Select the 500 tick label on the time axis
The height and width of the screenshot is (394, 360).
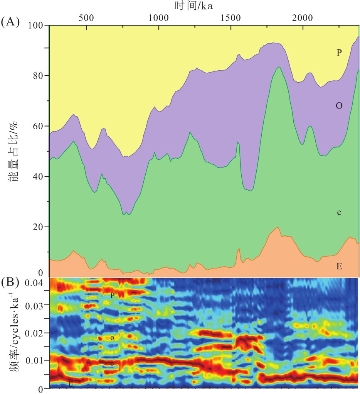tap(86, 18)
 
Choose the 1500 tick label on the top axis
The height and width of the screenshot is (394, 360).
tap(230, 18)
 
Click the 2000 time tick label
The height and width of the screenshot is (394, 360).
tap(303, 18)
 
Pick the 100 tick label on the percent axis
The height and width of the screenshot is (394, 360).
tap(37, 25)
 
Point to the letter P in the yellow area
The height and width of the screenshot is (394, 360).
tap(339, 53)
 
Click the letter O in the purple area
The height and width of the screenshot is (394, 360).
tap(339, 105)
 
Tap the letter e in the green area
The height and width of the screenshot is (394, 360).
tap(339, 213)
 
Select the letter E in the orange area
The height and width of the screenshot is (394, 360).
tap(339, 266)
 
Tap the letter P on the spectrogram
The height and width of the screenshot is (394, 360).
tap(113, 296)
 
